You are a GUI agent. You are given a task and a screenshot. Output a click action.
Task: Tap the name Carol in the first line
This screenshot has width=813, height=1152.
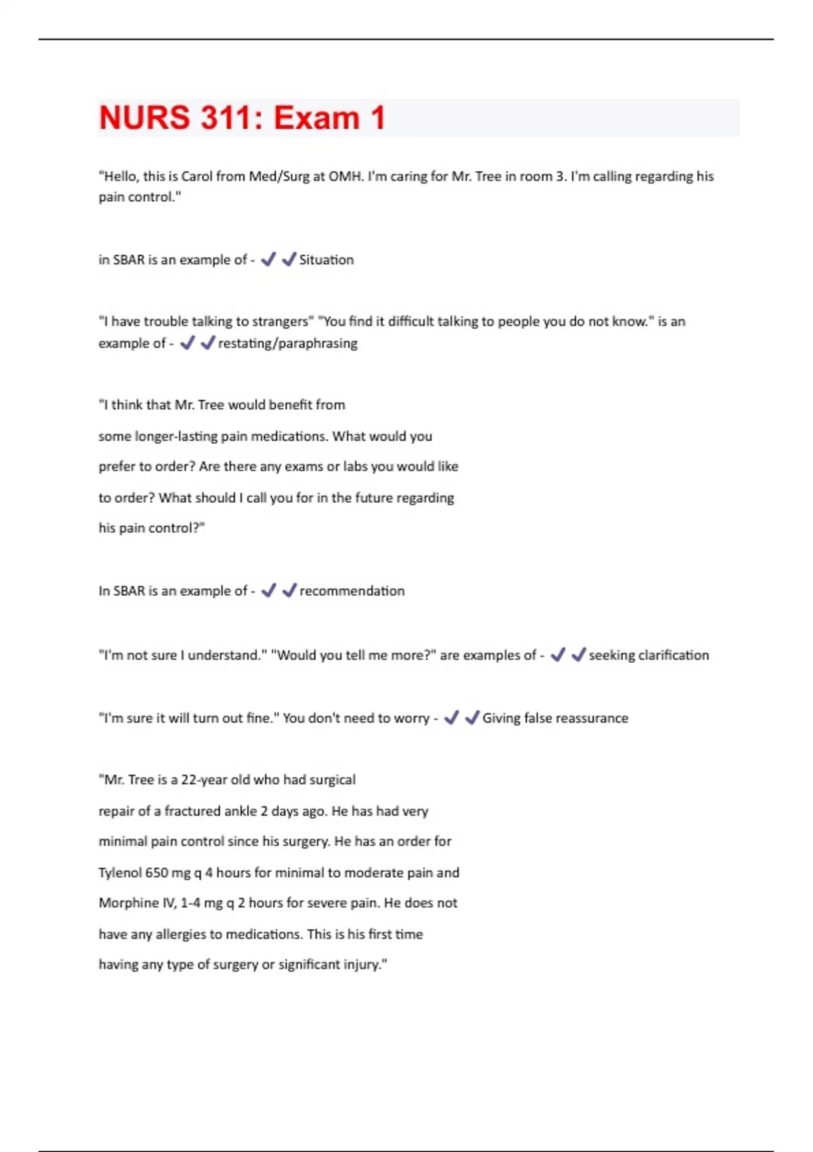[196, 176]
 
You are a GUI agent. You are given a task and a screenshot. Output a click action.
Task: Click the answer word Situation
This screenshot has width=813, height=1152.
[327, 260]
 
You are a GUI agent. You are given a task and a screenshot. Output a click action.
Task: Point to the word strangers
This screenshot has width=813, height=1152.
[280, 321]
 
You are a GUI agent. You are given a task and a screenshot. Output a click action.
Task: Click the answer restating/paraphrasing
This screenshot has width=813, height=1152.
[288, 343]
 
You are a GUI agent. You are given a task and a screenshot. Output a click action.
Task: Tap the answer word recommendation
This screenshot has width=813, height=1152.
[352, 591]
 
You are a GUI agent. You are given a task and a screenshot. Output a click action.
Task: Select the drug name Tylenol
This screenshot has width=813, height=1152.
[120, 872]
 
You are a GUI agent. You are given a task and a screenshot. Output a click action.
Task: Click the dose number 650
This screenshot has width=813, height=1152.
[157, 872]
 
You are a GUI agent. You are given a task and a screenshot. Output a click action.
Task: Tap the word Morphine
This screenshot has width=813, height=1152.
[128, 903]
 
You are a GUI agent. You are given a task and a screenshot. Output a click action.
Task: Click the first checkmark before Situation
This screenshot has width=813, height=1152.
[268, 259]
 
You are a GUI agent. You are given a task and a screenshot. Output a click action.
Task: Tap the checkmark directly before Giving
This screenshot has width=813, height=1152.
[472, 718]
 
